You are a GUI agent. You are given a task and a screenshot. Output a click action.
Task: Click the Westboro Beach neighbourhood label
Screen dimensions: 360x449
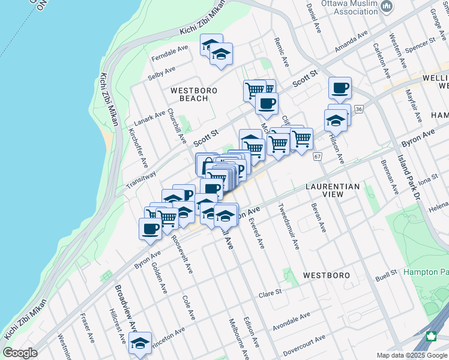coord(193,94)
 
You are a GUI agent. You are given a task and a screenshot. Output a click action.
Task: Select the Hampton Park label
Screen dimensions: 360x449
coord(426,272)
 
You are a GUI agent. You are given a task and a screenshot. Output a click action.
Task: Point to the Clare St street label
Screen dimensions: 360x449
coord(270,293)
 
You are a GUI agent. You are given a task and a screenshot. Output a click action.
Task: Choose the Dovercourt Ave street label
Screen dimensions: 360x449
coord(304,346)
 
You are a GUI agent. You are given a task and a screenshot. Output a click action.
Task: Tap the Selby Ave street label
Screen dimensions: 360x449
coord(161,74)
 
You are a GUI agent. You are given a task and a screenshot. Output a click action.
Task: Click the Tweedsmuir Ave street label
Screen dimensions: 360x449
coord(289,227)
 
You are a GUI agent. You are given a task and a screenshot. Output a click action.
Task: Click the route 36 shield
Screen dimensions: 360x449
coord(359,109)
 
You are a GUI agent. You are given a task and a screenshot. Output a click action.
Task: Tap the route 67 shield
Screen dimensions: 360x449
coord(318,157)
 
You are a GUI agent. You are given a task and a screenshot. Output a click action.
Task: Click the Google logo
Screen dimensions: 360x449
coord(20,353)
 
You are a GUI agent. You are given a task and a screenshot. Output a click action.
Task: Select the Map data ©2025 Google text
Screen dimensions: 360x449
coord(411,355)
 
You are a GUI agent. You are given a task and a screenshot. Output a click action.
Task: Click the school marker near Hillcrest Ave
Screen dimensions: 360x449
coord(140,343)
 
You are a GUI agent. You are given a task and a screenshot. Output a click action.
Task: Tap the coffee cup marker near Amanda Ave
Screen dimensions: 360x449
coord(340,88)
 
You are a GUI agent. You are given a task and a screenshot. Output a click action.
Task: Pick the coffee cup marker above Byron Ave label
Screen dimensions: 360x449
coord(150,229)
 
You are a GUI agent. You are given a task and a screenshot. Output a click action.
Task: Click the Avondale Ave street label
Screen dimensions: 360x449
coord(291,321)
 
